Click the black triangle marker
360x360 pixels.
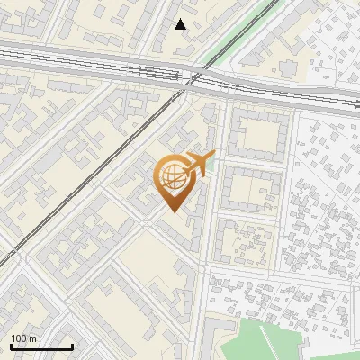coord(181,24)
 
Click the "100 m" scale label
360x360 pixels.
coord(23,337)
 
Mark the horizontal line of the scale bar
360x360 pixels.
coord(41,346)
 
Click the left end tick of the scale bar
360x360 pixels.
coord(11,345)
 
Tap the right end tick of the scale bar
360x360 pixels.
coord(72,345)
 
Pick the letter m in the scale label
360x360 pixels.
coord(32,337)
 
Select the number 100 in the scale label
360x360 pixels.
coord(19,337)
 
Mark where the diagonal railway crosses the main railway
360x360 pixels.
coord(191,79)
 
